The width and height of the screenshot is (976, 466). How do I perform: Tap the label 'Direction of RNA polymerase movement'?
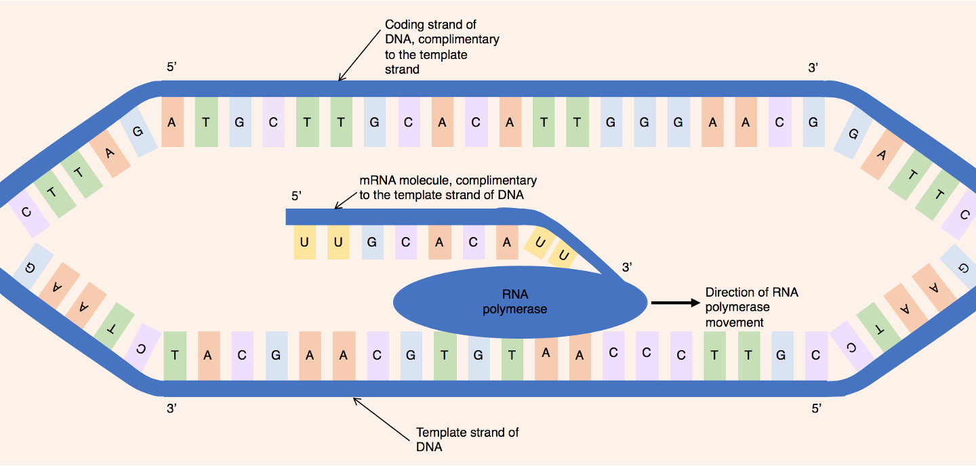click(x=752, y=308)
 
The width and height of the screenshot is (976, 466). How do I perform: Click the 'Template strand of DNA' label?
click(x=467, y=440)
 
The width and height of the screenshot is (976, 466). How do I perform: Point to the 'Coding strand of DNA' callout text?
click(x=441, y=47)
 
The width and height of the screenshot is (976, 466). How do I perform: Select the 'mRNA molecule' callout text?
click(x=447, y=188)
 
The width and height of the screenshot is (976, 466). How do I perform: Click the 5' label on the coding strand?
click(x=171, y=68)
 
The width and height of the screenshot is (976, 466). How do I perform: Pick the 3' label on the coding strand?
click(x=813, y=68)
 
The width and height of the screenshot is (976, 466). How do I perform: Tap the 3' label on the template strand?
click(x=171, y=408)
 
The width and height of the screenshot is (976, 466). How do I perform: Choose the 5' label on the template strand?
click(x=816, y=408)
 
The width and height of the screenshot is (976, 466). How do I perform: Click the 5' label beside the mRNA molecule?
click(x=296, y=196)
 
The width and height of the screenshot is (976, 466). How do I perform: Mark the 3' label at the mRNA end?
click(x=627, y=268)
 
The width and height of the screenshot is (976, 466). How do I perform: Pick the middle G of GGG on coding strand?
click(x=645, y=123)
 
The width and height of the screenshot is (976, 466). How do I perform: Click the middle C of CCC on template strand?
click(x=647, y=355)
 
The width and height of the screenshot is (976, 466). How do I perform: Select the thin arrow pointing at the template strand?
click(x=380, y=415)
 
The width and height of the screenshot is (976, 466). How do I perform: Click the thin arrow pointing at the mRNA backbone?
click(x=346, y=199)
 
